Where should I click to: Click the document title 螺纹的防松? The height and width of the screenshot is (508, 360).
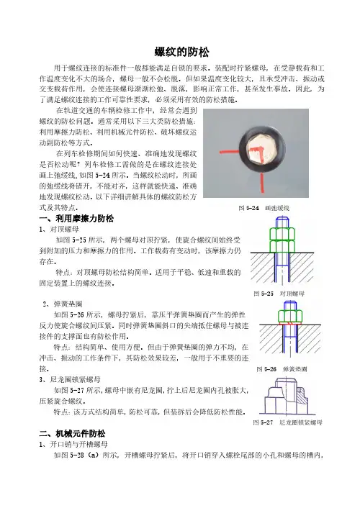(x=181, y=52)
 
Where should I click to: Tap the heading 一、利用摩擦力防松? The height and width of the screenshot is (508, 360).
(x=76, y=219)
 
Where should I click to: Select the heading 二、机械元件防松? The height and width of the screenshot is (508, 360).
(x=72, y=433)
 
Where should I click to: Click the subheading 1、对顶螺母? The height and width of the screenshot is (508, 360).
(x=59, y=230)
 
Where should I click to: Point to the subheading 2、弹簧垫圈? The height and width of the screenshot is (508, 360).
(x=63, y=304)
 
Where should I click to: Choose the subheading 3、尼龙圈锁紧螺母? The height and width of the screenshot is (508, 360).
(x=70, y=379)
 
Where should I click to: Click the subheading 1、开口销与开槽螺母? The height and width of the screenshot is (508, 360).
(x=73, y=444)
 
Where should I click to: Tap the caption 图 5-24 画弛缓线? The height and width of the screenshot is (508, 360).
(x=264, y=208)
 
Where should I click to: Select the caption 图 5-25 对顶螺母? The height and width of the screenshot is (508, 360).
(x=279, y=294)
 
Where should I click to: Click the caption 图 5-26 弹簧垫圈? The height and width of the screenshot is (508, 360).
(x=282, y=369)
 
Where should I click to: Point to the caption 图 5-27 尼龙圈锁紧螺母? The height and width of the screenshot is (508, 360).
(x=288, y=422)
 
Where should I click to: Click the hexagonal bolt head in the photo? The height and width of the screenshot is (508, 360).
(x=262, y=153)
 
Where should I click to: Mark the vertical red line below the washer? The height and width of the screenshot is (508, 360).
(x=262, y=182)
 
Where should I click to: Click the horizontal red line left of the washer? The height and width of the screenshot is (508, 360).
(x=229, y=152)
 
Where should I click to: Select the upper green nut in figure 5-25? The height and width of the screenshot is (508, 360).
(x=282, y=234)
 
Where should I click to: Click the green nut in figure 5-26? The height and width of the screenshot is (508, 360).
(x=290, y=316)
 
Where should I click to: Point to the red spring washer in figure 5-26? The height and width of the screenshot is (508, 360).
(x=290, y=324)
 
